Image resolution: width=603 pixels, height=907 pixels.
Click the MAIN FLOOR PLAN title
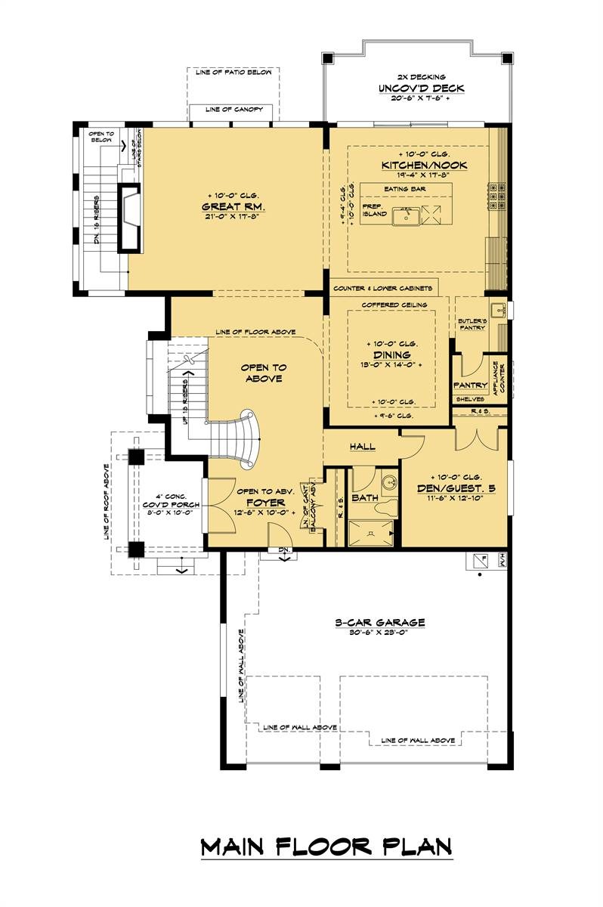click(326, 847)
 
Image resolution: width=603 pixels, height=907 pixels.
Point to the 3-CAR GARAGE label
click(380, 622)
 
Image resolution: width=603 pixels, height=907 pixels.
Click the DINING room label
click(391, 354)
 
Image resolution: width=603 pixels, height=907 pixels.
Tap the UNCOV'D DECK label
click(422, 88)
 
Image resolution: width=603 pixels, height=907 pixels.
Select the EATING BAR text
click(406, 189)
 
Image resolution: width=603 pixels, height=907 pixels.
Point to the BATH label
click(364, 498)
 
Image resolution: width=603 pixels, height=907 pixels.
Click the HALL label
click(363, 447)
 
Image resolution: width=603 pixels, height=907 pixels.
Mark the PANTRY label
click(469, 385)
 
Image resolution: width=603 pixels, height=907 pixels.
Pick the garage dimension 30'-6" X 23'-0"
click(380, 633)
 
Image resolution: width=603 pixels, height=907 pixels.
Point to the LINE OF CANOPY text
click(233, 110)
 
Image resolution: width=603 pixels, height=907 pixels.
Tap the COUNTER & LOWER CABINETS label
click(383, 288)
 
